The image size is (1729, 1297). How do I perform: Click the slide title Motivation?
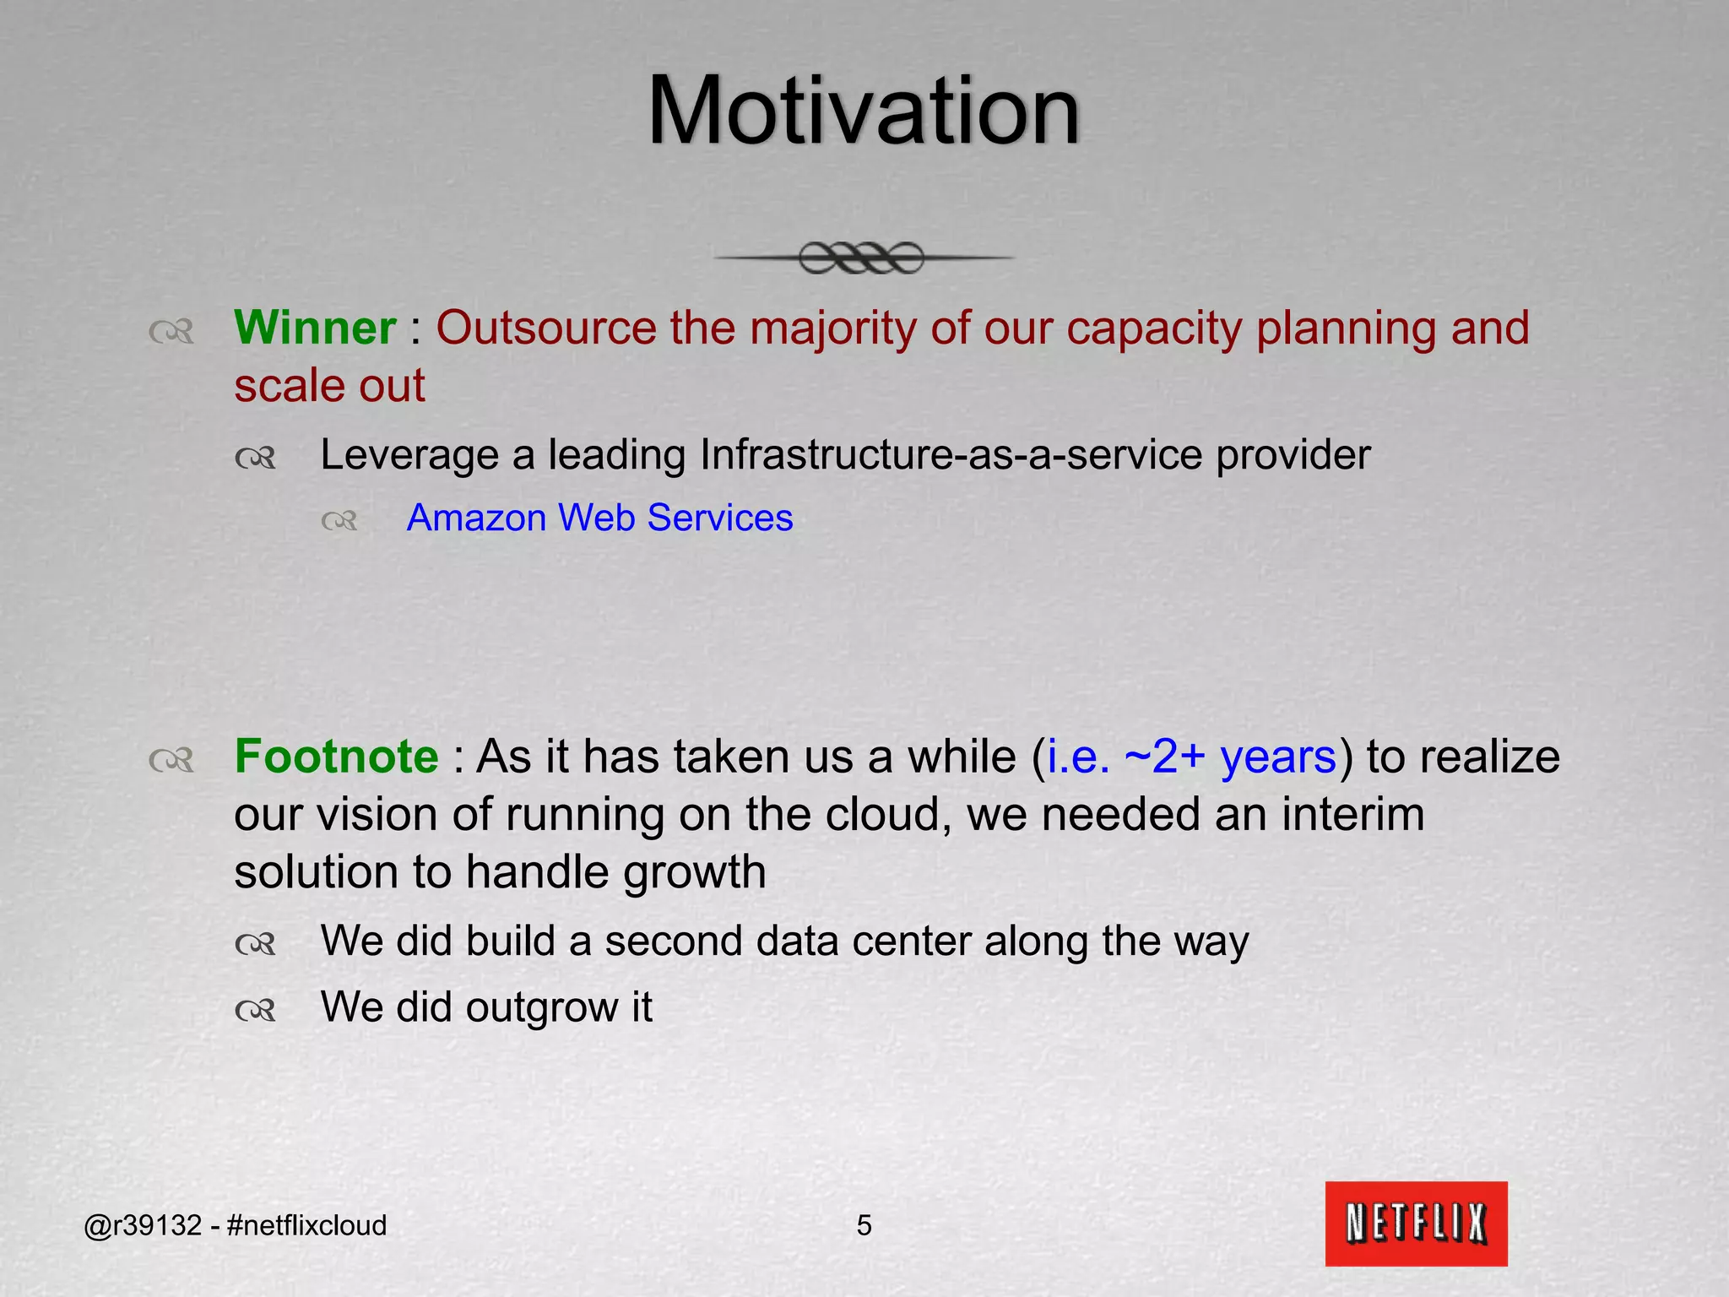(863, 111)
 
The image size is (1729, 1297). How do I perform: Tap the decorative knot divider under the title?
(863, 258)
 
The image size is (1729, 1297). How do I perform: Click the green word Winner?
(315, 328)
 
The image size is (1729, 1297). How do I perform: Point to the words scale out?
(329, 386)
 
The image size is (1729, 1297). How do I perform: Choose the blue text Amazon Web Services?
(599, 518)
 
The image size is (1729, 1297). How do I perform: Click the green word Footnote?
(336, 756)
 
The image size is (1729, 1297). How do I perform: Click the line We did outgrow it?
(486, 1007)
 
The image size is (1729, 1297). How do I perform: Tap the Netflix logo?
(1416, 1223)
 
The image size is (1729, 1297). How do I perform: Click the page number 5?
(864, 1225)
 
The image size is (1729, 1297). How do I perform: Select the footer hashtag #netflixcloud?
(307, 1225)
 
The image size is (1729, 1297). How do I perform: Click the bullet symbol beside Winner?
(171, 332)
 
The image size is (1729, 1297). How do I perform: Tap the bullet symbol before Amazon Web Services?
(340, 521)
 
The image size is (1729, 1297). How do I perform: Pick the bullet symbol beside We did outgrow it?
(256, 1010)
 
